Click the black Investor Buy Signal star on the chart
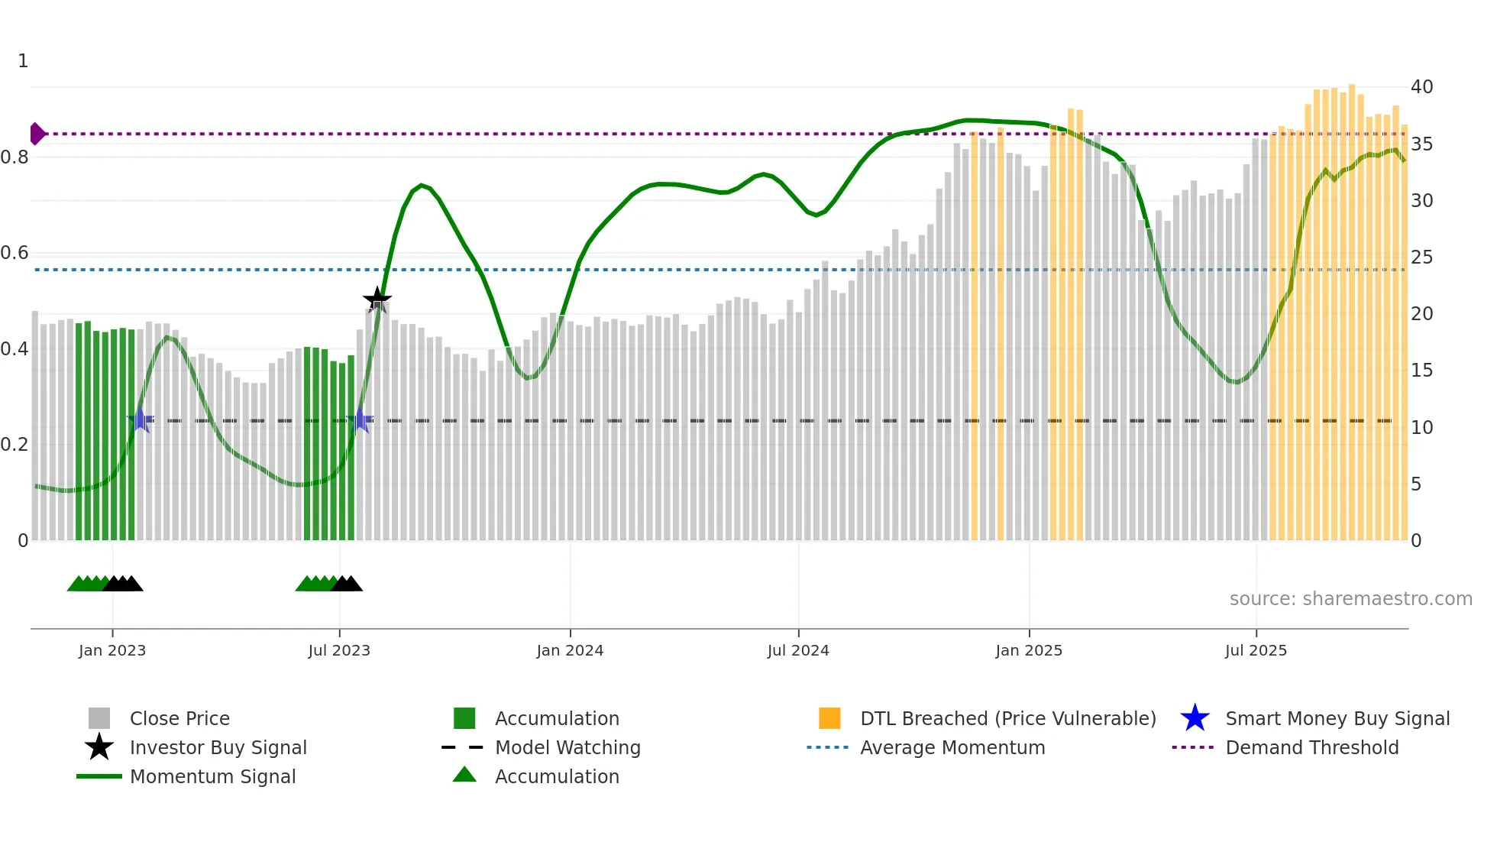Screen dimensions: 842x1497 click(x=377, y=300)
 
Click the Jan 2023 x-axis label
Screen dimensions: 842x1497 click(x=112, y=651)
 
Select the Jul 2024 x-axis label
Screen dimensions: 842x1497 click(x=798, y=651)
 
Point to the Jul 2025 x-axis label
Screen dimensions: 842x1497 click(x=1256, y=651)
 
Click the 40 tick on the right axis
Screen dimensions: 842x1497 click(x=1421, y=87)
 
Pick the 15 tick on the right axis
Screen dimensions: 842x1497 click(x=1421, y=371)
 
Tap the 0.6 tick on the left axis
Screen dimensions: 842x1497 click(x=15, y=253)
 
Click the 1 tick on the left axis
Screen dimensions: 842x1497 click(x=23, y=61)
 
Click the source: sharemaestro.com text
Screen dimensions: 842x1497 click(x=1350, y=599)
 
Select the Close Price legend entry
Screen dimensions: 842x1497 click(x=179, y=719)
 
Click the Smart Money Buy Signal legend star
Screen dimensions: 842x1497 click(x=1195, y=718)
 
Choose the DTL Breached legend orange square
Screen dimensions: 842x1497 click(x=829, y=718)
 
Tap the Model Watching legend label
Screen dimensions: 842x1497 click(x=567, y=748)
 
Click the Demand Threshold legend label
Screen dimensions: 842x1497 click(x=1311, y=748)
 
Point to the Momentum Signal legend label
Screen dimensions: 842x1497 click(x=212, y=777)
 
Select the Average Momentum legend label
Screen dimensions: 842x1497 click(x=952, y=748)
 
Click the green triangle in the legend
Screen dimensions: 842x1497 click(x=464, y=776)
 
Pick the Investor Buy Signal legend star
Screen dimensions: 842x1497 click(x=99, y=747)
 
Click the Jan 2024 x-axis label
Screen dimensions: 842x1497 click(x=570, y=651)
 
